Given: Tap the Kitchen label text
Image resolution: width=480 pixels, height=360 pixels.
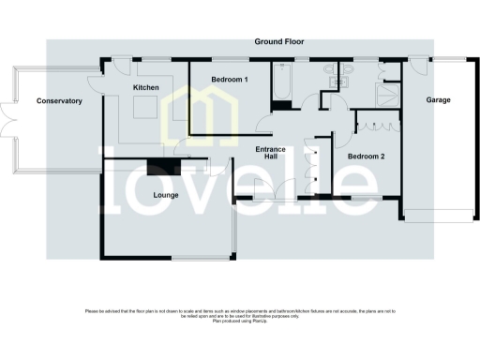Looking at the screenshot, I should [x=145, y=87].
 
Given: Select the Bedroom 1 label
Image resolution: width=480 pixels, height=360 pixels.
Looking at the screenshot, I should [x=229, y=80].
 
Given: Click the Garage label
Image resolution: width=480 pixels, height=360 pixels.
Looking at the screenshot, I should [x=439, y=99].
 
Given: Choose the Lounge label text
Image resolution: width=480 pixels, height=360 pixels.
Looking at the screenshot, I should [x=166, y=196].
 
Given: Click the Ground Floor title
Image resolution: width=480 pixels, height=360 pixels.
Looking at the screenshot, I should [x=278, y=42].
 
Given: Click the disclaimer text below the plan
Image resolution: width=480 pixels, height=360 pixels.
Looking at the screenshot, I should [x=240, y=314].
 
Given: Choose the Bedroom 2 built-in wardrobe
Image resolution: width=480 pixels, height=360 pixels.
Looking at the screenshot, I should [x=378, y=122].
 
